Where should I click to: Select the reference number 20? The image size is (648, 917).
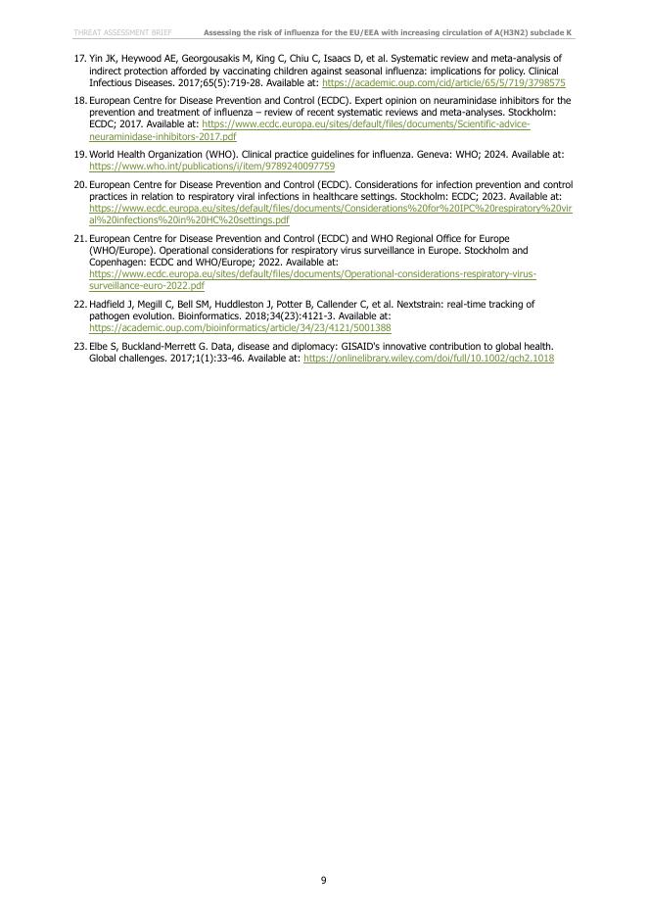click(80, 184)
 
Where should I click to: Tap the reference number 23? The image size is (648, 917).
click(80, 346)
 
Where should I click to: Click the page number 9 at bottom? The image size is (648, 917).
click(324, 881)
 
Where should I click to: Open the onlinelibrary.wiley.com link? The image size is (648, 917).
click(429, 359)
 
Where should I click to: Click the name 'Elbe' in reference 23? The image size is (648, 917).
click(99, 346)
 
